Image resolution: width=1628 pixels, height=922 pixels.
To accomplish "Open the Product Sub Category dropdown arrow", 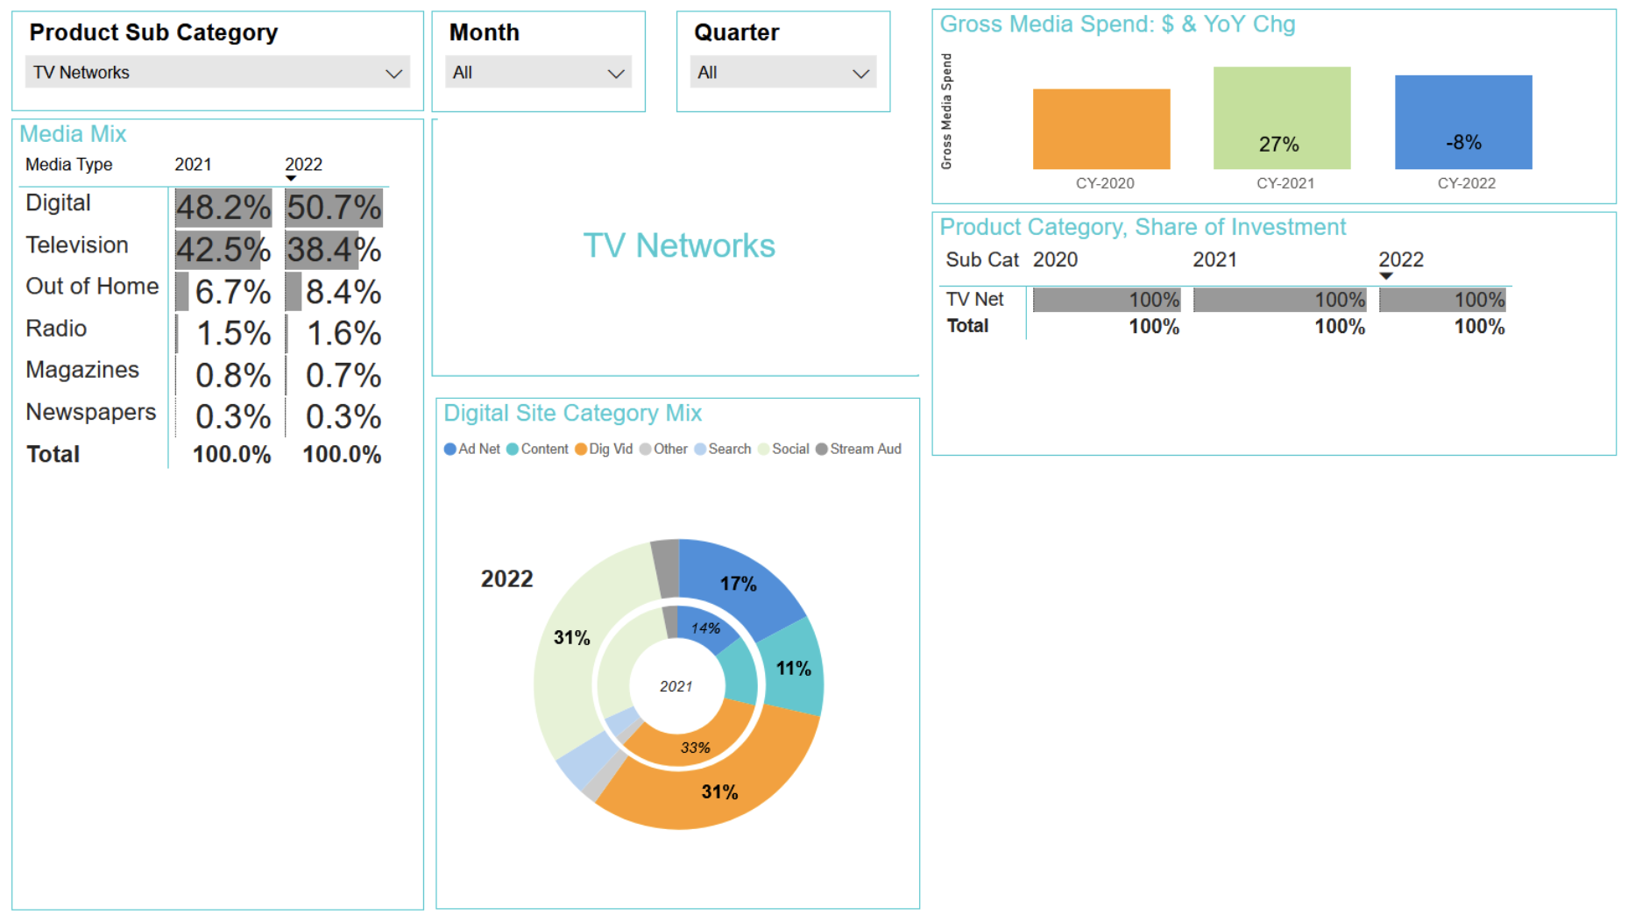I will tap(393, 74).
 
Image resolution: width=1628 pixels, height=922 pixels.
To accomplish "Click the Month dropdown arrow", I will tap(616, 74).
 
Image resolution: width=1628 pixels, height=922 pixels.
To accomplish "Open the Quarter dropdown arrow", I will tap(860, 74).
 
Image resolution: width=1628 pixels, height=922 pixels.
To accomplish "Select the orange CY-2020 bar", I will tap(1101, 129).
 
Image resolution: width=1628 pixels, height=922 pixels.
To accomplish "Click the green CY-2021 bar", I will tap(1281, 117).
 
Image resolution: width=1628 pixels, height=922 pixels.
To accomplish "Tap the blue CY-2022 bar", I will tap(1462, 122).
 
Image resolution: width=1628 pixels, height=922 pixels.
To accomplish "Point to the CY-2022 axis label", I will tap(1466, 183).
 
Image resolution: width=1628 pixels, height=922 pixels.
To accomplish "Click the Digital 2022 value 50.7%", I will tap(334, 208).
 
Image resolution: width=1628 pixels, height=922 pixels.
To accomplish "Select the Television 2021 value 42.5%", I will tap(223, 250).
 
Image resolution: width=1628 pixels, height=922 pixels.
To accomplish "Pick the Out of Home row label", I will tap(92, 287).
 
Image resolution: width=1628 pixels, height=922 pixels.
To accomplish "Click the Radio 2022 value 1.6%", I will tap(343, 334).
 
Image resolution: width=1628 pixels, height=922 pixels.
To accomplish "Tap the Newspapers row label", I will tap(90, 412).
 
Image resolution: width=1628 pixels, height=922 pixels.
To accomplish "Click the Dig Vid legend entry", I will tap(604, 449).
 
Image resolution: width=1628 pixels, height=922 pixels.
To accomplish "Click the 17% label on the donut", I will tap(738, 584).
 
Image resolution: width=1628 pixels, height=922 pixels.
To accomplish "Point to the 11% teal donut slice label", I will tap(793, 669).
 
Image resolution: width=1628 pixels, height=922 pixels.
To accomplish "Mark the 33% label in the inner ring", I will tap(695, 748).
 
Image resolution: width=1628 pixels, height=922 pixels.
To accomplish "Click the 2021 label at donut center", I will tap(676, 686).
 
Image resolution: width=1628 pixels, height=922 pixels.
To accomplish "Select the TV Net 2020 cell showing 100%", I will tap(1107, 300).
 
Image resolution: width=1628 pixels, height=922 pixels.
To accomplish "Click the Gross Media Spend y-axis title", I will tap(946, 111).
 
